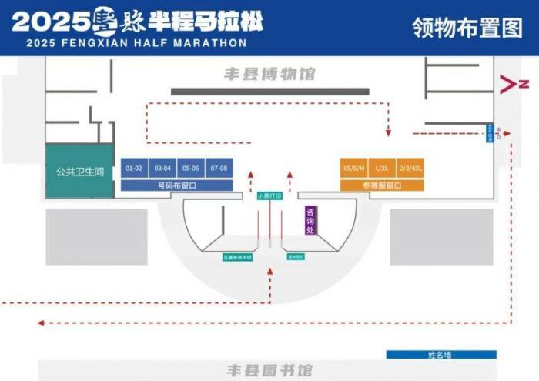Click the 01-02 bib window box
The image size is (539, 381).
(135, 168)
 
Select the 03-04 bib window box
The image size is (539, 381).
(162, 168)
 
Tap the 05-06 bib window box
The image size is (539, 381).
(191, 168)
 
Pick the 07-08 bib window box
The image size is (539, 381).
(219, 168)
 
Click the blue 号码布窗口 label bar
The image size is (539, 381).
(177, 185)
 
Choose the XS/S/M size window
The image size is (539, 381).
(353, 168)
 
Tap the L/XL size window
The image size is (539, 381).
(382, 168)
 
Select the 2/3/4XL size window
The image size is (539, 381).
(410, 168)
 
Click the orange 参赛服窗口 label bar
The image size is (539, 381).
(382, 185)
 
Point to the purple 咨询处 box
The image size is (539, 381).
(310, 219)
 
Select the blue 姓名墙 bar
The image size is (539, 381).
(441, 355)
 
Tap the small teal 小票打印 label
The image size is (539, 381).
(269, 196)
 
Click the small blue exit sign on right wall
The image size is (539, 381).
(489, 133)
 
